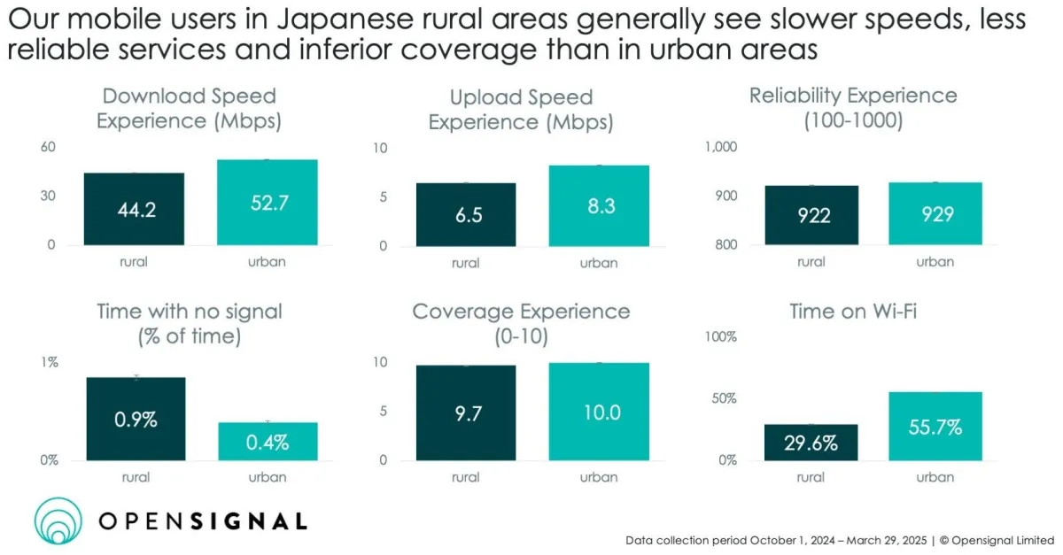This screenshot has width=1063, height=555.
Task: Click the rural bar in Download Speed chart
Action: click(x=135, y=209)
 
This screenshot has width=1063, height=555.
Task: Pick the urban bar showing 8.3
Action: click(x=599, y=205)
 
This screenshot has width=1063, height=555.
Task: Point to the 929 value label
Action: click(x=937, y=214)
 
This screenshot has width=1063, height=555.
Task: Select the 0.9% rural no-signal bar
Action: click(x=136, y=419)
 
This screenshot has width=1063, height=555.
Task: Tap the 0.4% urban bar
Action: click(x=267, y=441)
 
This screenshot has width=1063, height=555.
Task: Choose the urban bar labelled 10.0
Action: click(x=599, y=412)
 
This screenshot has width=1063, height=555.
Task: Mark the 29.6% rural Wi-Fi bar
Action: click(x=810, y=443)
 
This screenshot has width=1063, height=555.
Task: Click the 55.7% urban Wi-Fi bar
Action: click(x=935, y=427)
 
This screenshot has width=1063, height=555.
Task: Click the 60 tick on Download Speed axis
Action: click(x=48, y=147)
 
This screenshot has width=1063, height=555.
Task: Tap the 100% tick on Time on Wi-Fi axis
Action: click(x=720, y=336)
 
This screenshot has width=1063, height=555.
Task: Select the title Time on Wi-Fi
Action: click(x=853, y=311)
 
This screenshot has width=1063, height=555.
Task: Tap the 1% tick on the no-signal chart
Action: click(x=49, y=361)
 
